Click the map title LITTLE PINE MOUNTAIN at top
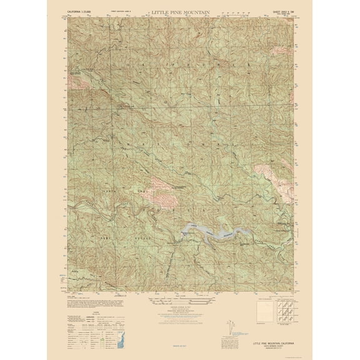(180, 12)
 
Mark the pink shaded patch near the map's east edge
(266, 171)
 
